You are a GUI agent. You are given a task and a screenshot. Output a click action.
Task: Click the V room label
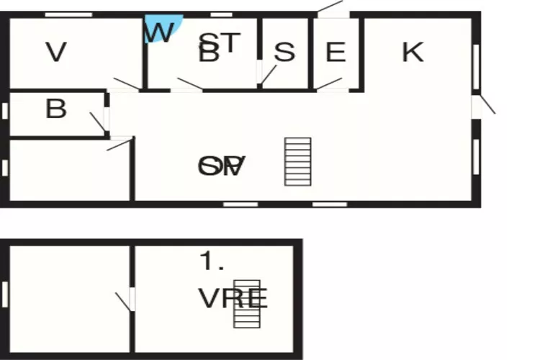(x=56, y=53)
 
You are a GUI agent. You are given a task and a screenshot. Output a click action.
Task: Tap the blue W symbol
(x=160, y=30)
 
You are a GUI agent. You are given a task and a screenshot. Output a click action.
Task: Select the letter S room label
(x=285, y=53)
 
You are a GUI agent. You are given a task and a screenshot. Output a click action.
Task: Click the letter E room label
(x=336, y=53)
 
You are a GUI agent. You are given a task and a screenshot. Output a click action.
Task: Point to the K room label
(x=413, y=52)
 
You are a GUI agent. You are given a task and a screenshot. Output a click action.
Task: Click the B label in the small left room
(x=56, y=109)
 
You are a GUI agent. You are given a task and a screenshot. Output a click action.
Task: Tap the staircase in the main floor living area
(x=297, y=161)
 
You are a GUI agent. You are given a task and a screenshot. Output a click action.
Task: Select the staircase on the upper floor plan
(x=246, y=303)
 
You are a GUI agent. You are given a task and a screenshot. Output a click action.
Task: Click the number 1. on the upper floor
(x=212, y=262)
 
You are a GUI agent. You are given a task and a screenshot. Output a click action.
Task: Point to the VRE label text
(x=233, y=298)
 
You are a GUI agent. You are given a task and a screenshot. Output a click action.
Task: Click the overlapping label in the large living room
(x=222, y=166)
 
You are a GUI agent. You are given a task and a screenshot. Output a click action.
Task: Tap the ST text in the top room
(x=219, y=42)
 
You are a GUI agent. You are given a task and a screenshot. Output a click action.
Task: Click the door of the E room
(x=330, y=83)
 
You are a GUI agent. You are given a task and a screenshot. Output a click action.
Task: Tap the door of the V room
(x=127, y=84)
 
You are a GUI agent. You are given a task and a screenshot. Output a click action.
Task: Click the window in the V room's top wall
(x=68, y=14)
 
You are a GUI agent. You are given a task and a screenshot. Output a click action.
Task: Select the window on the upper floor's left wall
(x=4, y=294)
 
